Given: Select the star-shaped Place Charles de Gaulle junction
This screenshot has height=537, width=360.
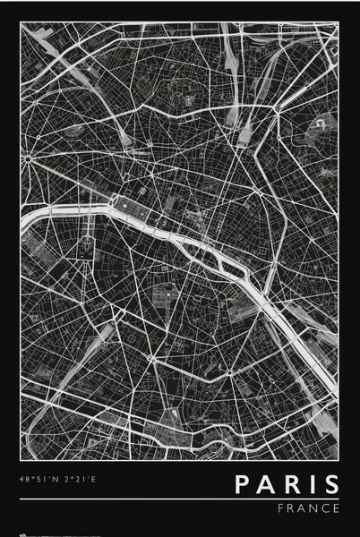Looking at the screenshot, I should point(29,159).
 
